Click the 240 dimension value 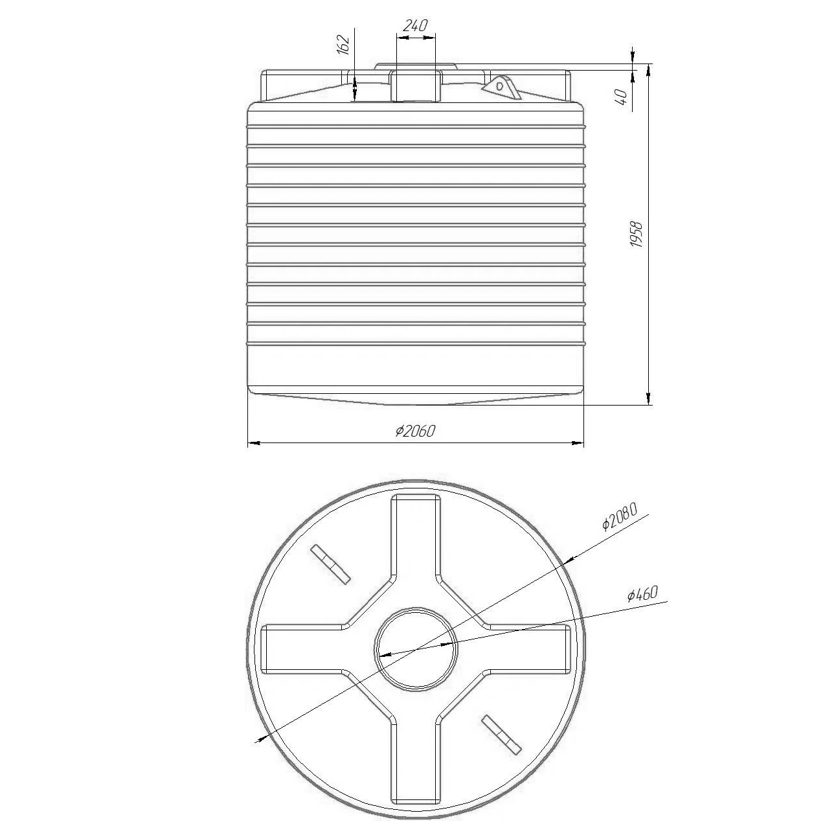[415, 26]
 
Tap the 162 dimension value [343, 45]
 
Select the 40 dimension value [622, 97]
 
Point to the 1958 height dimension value [637, 235]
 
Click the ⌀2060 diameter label [416, 431]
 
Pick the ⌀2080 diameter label [620, 516]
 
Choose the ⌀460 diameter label [643, 594]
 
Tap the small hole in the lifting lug [500, 86]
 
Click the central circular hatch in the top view [416, 649]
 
